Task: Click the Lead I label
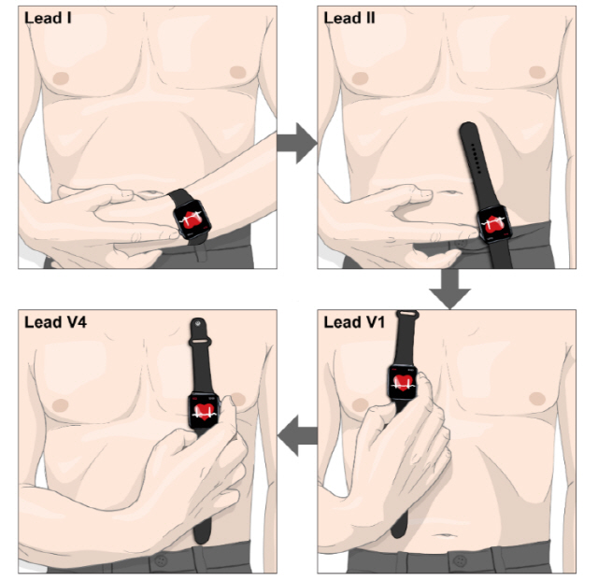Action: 48,18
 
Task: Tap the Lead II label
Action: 349,18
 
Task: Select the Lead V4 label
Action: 56,322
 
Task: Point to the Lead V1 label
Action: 354,322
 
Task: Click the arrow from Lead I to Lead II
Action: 297,144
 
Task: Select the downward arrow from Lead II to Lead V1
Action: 450,290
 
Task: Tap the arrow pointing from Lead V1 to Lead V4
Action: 297,435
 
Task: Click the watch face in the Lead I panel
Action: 192,219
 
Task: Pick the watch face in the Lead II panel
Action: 494,224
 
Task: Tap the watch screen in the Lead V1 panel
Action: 404,383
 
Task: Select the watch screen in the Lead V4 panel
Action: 204,412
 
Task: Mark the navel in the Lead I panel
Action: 148,193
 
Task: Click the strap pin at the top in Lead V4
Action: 197,324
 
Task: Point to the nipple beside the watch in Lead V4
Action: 239,399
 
